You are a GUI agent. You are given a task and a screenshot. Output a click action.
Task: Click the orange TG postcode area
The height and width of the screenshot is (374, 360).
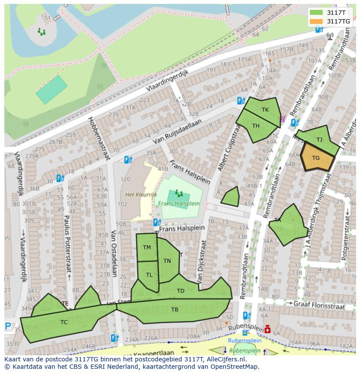click(317, 158)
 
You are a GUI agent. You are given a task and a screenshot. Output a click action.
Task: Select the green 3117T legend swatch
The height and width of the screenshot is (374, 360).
click(316, 13)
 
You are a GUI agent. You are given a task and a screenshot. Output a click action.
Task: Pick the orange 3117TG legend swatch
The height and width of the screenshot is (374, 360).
click(316, 21)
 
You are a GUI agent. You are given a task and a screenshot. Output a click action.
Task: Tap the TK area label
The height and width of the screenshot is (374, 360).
click(265, 110)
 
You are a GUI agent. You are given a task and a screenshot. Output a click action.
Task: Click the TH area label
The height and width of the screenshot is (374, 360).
click(256, 126)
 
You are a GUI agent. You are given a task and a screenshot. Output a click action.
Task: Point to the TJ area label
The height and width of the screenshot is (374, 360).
click(319, 139)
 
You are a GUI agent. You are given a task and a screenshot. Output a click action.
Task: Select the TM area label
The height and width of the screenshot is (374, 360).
click(147, 248)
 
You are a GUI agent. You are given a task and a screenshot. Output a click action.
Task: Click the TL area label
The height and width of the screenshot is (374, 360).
click(149, 275)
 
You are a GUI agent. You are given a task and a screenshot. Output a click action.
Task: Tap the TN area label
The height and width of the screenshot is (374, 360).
click(167, 261)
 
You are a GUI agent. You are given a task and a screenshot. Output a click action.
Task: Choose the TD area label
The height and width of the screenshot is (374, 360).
click(180, 291)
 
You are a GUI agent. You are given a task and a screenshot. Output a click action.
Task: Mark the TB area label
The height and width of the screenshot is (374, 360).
click(174, 309)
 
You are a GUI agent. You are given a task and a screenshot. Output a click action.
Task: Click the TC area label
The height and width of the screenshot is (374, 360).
click(64, 322)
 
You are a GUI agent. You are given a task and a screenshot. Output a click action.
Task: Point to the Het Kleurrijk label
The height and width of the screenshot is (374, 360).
click(141, 195)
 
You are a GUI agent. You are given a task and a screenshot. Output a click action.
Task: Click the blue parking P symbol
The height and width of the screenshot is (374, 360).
click(8, 326)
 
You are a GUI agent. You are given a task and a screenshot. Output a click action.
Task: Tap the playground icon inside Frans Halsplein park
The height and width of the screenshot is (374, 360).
click(178, 193)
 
